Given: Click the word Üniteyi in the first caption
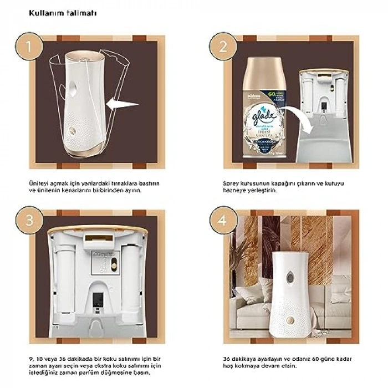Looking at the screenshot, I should (x=39, y=182).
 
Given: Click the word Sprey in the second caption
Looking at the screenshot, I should (x=232, y=182).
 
